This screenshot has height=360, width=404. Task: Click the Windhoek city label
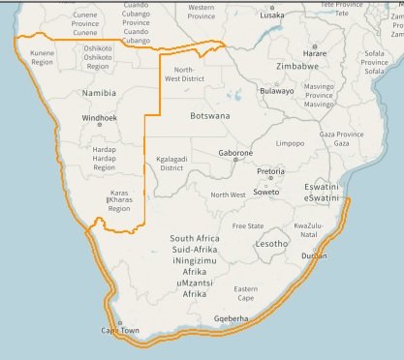(99, 118)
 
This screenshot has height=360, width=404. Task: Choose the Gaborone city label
(235, 153)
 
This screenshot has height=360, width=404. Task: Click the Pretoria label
(271, 172)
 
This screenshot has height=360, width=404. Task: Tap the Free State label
(248, 226)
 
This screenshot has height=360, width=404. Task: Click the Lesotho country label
(271, 244)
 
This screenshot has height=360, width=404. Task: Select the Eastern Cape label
(246, 293)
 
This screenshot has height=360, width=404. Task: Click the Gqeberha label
(232, 317)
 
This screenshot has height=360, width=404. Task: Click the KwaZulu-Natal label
(308, 229)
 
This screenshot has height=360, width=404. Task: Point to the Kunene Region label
(42, 57)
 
